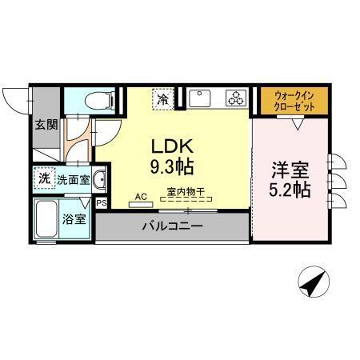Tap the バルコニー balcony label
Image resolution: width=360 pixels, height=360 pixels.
click(172, 226)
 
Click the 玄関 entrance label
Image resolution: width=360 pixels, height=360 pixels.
click(45, 124)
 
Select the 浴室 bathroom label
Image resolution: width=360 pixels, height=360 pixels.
click(74, 218)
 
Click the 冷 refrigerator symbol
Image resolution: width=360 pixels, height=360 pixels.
click(163, 100)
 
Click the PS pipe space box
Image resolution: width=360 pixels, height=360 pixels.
click(101, 203)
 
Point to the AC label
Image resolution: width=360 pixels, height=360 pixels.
click(140, 196)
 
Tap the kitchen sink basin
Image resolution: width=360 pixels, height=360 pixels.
click(200, 99)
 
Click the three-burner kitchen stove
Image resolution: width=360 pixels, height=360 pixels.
click(235, 99)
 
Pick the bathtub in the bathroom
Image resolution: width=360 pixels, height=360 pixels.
click(46, 218)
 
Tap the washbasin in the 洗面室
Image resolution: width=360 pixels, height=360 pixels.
click(99, 180)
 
